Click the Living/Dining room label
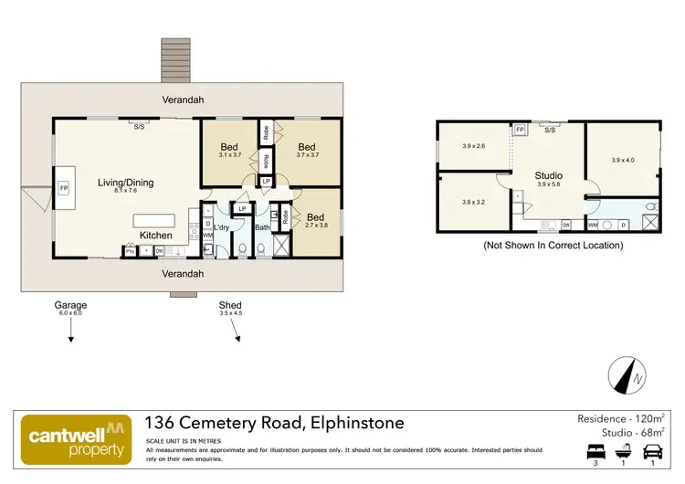[x=125, y=183]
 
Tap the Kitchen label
[x=156, y=235]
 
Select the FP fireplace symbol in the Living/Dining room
[x=64, y=188]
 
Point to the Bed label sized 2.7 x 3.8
[x=313, y=220]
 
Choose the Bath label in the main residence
[x=263, y=227]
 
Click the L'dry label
[x=221, y=227]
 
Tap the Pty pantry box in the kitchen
[x=129, y=250]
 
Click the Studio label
[x=548, y=175]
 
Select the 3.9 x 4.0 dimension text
[x=623, y=160]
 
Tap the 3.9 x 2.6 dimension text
[x=473, y=146]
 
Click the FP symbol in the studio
[x=520, y=130]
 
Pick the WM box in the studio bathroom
[x=593, y=223]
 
